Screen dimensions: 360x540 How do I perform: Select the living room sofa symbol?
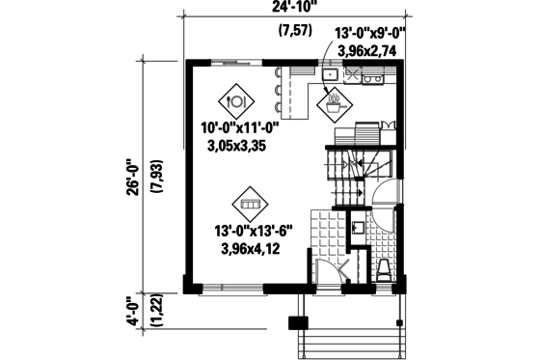250,205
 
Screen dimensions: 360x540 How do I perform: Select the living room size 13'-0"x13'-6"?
255,232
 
